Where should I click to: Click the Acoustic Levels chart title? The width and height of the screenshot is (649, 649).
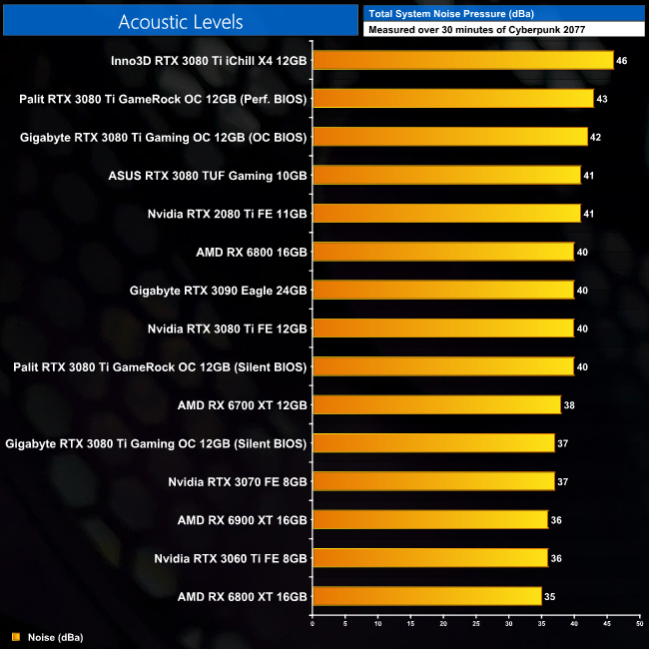[180, 21]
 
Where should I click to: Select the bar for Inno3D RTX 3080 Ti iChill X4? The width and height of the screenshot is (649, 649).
[462, 60]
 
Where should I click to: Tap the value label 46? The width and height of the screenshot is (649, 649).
[622, 61]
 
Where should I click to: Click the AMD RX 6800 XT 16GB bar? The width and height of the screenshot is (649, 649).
[426, 597]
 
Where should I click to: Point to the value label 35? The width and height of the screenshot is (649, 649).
[550, 597]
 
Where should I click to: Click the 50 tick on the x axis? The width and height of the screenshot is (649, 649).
[639, 624]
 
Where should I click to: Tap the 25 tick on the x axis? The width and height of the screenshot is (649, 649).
[475, 624]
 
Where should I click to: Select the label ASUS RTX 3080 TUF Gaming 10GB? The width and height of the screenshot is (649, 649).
[208, 175]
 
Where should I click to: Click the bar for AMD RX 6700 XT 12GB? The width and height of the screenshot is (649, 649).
[436, 404]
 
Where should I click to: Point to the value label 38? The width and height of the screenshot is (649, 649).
[569, 405]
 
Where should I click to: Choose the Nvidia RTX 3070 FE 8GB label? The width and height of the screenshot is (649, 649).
[238, 481]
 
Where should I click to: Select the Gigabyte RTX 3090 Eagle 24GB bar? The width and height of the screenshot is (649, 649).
[442, 290]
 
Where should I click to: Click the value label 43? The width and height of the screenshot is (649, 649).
[602, 99]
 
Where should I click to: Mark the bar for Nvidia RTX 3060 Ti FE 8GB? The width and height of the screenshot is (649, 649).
[429, 557]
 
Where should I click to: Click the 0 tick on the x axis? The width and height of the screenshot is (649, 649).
[313, 624]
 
